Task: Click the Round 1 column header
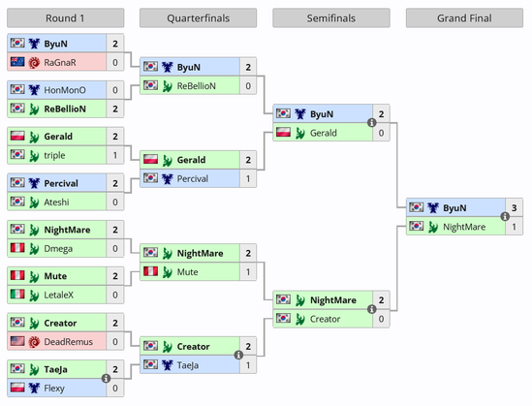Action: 65,18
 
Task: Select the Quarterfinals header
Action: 198,18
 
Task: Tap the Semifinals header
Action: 331,18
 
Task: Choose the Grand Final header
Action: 464,18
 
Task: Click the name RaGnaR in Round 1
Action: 60,62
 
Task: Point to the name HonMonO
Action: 65,90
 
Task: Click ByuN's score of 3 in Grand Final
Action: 514,207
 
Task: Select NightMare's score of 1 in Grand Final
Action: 514,227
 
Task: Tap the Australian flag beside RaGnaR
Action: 17,62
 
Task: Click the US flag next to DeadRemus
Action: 17,341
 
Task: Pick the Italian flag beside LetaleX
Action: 17,294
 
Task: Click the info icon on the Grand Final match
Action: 505,216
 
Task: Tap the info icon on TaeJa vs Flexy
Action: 106,378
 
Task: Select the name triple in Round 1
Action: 54,155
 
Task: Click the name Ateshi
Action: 56,203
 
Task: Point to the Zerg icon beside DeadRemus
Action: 34,341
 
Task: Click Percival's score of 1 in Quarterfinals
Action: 248,178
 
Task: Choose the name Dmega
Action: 58,249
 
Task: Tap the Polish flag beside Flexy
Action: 17,388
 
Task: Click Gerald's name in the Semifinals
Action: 324,133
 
